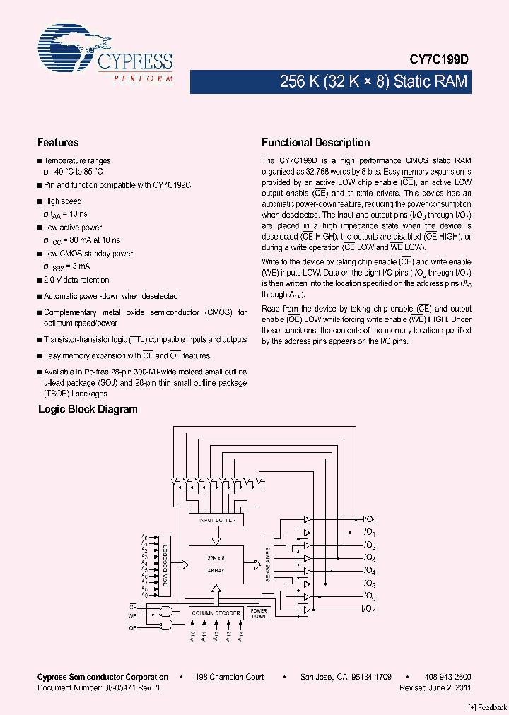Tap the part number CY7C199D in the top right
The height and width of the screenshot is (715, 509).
[439, 61]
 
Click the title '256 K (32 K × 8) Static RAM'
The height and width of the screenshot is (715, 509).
[374, 82]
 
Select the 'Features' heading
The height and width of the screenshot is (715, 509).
[58, 142]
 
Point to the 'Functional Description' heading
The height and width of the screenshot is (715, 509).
[315, 142]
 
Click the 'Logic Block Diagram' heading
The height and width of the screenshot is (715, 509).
[88, 409]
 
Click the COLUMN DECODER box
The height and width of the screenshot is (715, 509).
[217, 613]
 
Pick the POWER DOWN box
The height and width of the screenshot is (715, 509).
[259, 613]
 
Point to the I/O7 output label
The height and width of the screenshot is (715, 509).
[368, 609]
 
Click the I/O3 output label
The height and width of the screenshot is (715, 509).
[368, 557]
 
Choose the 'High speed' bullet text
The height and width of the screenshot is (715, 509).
[62, 201]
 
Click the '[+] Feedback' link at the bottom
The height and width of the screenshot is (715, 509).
[488, 707]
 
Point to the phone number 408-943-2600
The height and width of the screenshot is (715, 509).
[447, 677]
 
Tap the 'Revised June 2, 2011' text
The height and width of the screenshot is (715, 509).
[435, 687]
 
